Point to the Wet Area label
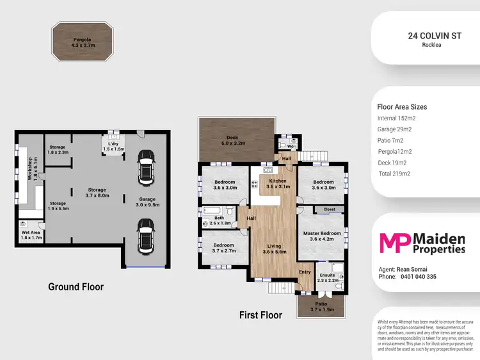coord(31,235)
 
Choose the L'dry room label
coord(115,146)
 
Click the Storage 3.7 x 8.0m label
coord(97,193)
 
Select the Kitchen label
coord(278,184)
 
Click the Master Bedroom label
coord(321,236)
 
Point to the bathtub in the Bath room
coord(212,210)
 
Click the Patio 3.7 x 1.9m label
coord(321,307)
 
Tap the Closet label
coord(329,209)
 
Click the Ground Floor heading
coord(76,287)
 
